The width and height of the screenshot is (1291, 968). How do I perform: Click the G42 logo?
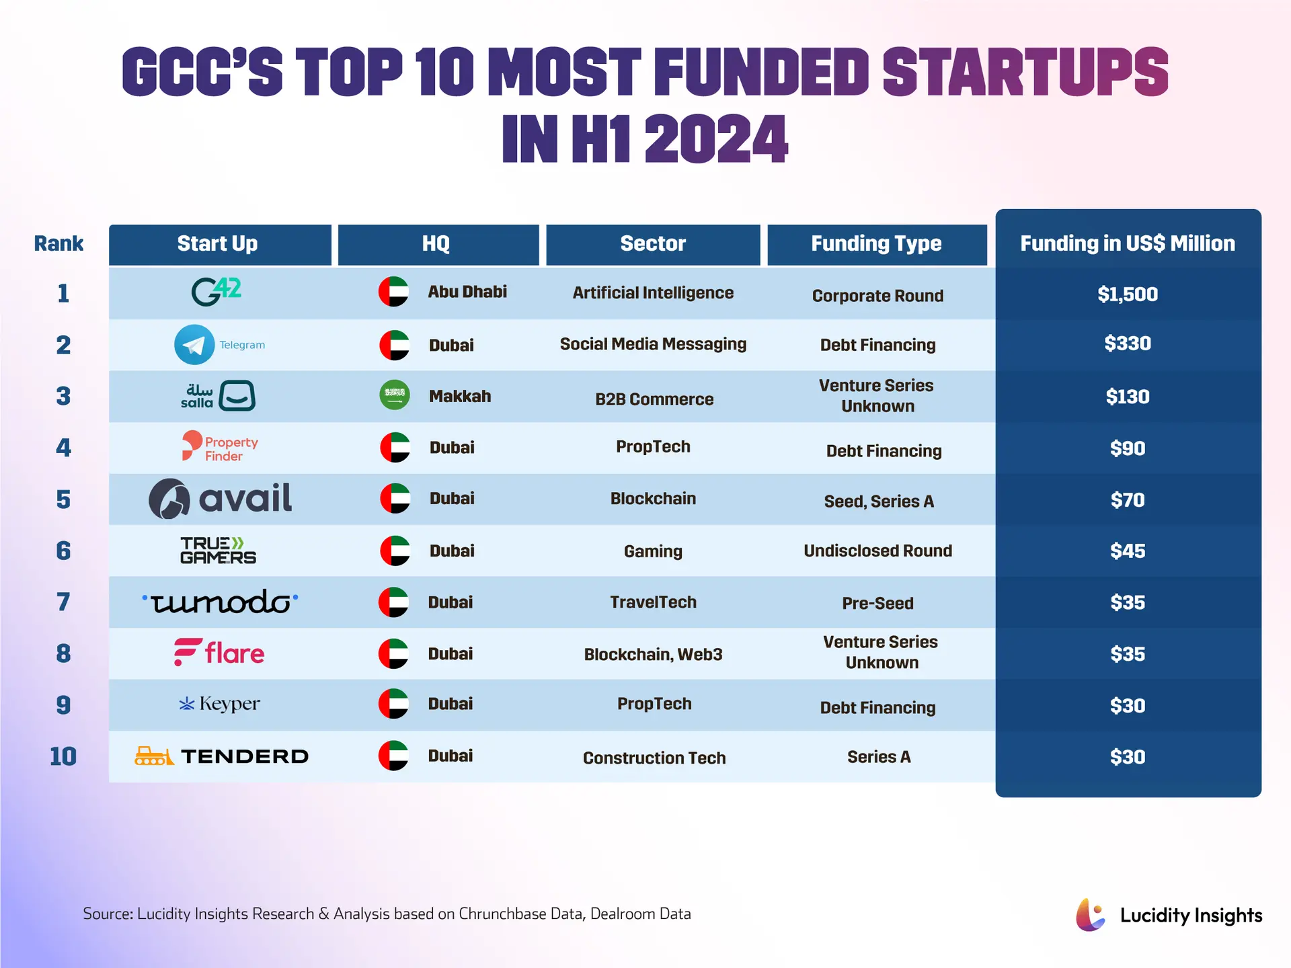tap(217, 292)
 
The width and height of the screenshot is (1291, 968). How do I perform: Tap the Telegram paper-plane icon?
tap(194, 345)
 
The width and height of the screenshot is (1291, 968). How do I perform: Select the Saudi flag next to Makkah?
tap(395, 395)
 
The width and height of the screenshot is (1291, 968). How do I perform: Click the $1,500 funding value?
tap(1128, 294)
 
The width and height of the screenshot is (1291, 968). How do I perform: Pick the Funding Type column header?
tap(876, 244)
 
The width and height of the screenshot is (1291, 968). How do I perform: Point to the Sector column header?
tap(653, 244)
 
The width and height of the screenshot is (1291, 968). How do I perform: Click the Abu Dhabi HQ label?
tap(467, 292)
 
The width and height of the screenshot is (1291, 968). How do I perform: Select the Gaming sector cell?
tap(653, 551)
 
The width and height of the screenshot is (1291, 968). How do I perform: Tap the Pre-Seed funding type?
tap(877, 603)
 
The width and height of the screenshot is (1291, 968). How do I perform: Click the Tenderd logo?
tap(222, 756)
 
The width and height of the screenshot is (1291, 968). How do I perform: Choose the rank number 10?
tap(63, 756)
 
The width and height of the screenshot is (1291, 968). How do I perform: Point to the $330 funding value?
tap(1128, 344)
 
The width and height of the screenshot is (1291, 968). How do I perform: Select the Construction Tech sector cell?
tap(654, 758)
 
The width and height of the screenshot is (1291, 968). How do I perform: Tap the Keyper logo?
tap(219, 704)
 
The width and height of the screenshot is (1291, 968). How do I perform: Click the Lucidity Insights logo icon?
tap(1090, 915)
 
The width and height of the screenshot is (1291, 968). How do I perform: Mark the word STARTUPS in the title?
tap(1025, 72)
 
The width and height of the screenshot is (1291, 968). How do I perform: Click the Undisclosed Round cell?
tap(877, 551)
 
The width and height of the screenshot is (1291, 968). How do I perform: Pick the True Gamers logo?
tap(218, 551)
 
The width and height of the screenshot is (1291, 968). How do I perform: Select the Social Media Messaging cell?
tap(653, 344)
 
